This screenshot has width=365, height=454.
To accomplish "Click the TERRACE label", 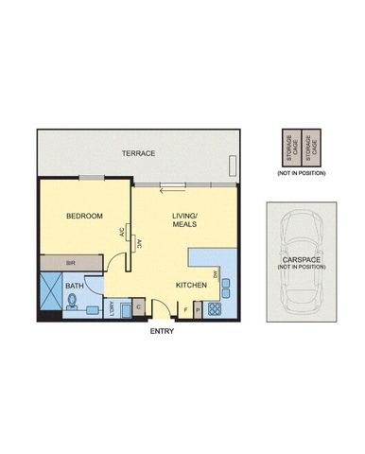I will [138, 153].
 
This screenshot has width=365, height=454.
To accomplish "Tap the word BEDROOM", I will [83, 217].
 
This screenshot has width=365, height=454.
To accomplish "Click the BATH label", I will [74, 284].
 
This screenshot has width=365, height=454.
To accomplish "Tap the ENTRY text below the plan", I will [162, 331].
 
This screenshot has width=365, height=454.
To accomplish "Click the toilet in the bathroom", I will [74, 303].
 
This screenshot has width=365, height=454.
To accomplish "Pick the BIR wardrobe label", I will [70, 264].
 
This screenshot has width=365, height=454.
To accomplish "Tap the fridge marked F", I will [185, 308].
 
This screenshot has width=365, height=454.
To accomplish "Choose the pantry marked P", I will [198, 308].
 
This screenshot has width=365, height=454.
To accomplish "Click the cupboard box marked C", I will [138, 306].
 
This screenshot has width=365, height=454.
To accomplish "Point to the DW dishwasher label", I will [216, 274].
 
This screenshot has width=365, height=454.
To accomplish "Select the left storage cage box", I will [289, 147].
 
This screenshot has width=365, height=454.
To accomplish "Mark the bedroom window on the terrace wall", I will [91, 178].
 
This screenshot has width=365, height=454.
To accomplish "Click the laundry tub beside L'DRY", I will [124, 306].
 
